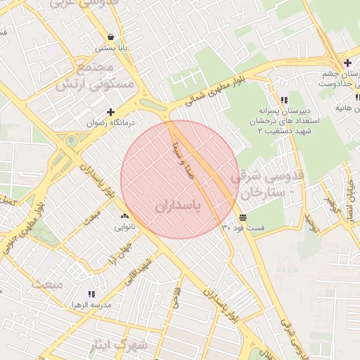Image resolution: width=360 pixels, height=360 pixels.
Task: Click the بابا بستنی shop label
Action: point(110,49)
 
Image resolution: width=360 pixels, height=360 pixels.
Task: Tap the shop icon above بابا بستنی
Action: point(110,37)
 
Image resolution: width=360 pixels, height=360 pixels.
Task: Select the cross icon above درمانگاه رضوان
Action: point(110,112)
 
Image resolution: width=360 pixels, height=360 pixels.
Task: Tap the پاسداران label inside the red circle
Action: point(177,205)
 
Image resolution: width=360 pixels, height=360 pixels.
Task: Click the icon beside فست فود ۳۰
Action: point(243,217)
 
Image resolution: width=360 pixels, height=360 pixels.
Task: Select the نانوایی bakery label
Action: point(124,228)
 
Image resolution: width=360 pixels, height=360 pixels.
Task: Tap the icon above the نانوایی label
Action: point(124,217)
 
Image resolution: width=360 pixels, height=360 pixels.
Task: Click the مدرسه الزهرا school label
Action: point(90,305)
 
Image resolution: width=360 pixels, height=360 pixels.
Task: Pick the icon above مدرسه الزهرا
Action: point(90,294)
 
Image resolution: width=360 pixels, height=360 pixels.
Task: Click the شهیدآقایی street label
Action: point(147,274)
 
